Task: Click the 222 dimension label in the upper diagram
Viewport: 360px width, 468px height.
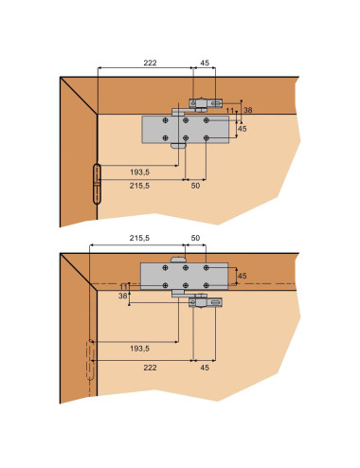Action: (150, 63)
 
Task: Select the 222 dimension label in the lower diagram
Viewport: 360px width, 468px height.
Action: (150, 368)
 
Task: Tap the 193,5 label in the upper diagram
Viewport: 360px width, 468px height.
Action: (139, 172)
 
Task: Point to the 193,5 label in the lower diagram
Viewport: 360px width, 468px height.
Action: (139, 349)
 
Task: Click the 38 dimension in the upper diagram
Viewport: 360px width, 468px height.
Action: (248, 110)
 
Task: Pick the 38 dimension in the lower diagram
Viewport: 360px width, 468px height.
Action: (122, 296)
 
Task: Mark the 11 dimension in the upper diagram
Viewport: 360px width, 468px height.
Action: (230, 111)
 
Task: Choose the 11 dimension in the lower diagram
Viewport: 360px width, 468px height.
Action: (123, 287)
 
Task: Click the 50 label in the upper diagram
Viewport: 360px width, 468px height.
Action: (195, 186)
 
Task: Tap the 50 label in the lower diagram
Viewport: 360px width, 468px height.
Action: (195, 238)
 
